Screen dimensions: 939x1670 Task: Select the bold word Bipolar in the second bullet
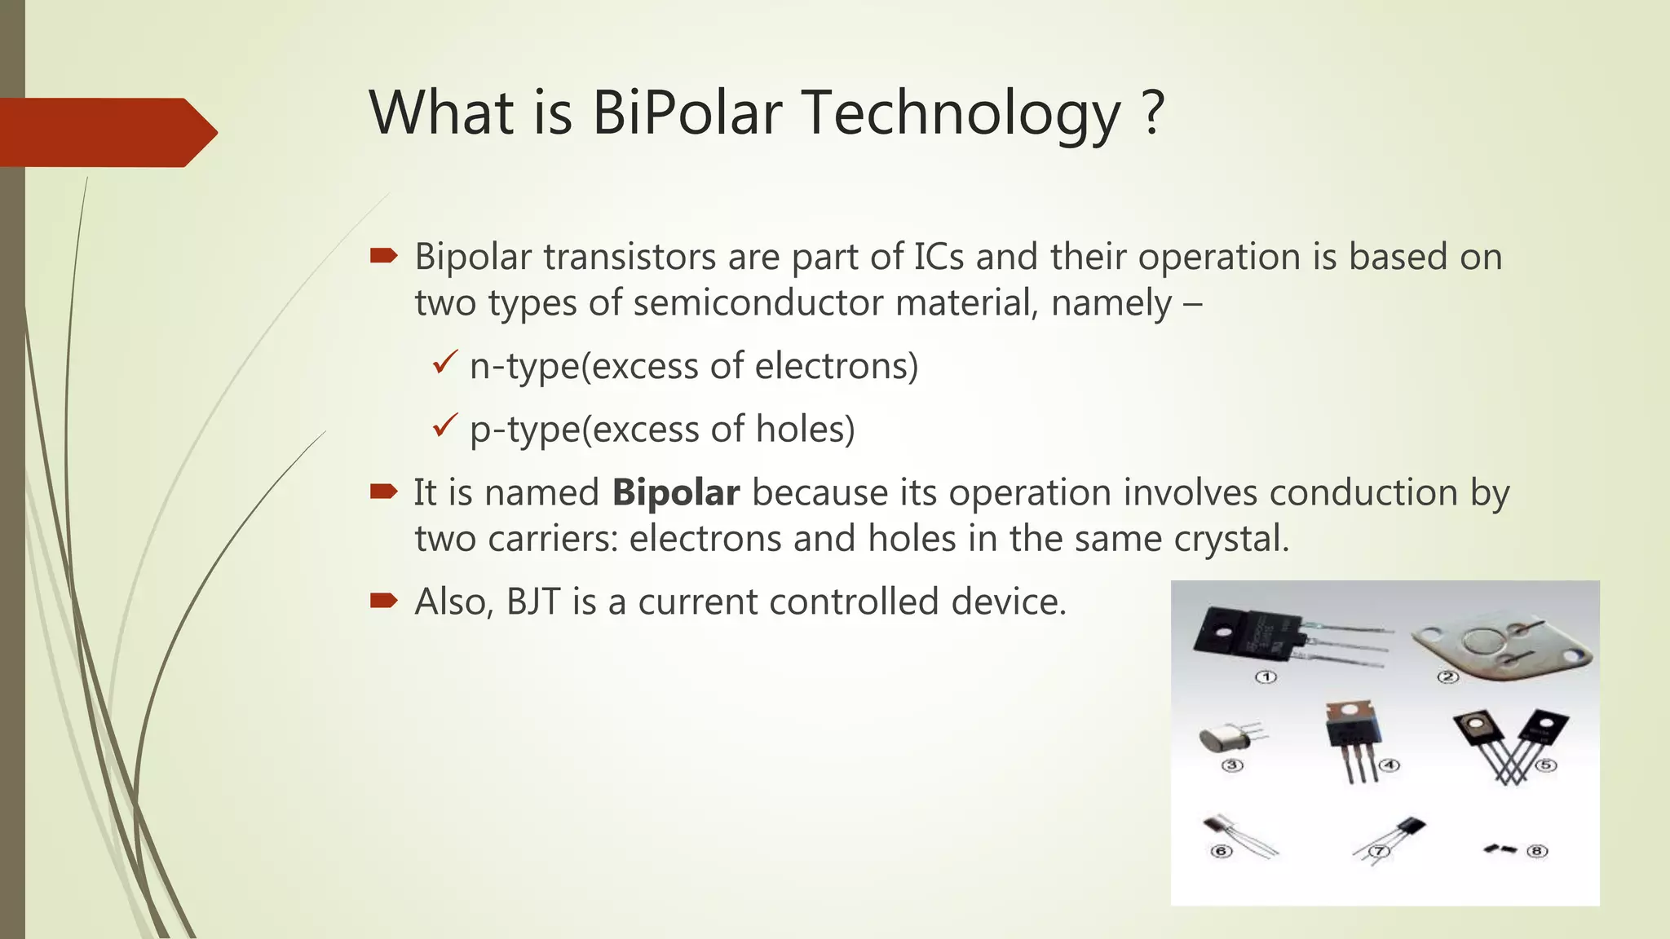[x=676, y=492]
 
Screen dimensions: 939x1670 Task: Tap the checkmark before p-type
[x=445, y=425]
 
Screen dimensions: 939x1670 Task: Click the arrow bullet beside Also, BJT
[x=383, y=601]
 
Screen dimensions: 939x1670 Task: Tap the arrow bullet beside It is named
[x=383, y=491]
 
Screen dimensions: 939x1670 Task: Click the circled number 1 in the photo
[x=1266, y=677]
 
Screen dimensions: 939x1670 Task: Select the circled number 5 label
[x=1546, y=765]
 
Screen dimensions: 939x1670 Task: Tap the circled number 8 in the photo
[x=1537, y=851]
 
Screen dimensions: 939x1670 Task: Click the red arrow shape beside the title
[x=106, y=133]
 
